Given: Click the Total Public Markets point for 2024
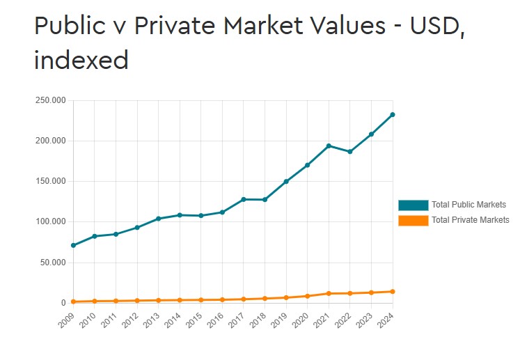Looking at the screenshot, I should [x=393, y=114].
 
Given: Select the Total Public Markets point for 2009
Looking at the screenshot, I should [x=73, y=245].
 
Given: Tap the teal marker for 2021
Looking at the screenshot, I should [x=329, y=146].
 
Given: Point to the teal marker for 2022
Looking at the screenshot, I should [x=350, y=151].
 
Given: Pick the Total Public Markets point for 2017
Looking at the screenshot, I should [x=244, y=199].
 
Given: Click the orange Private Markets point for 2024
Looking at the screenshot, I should [x=393, y=291].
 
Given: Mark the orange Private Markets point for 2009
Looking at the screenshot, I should [x=73, y=302].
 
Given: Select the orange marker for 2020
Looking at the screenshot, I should [x=307, y=296].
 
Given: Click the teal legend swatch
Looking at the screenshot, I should [x=413, y=205].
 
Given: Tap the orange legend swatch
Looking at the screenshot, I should [x=413, y=220].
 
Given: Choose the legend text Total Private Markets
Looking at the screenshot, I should [x=471, y=220].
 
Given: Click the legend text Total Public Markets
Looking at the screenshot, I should [x=468, y=205].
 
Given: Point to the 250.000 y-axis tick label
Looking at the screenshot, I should [x=50, y=100].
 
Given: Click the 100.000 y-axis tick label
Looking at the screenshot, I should [x=50, y=221].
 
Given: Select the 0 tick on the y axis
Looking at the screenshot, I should [x=63, y=303].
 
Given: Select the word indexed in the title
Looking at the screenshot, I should [x=81, y=59].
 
